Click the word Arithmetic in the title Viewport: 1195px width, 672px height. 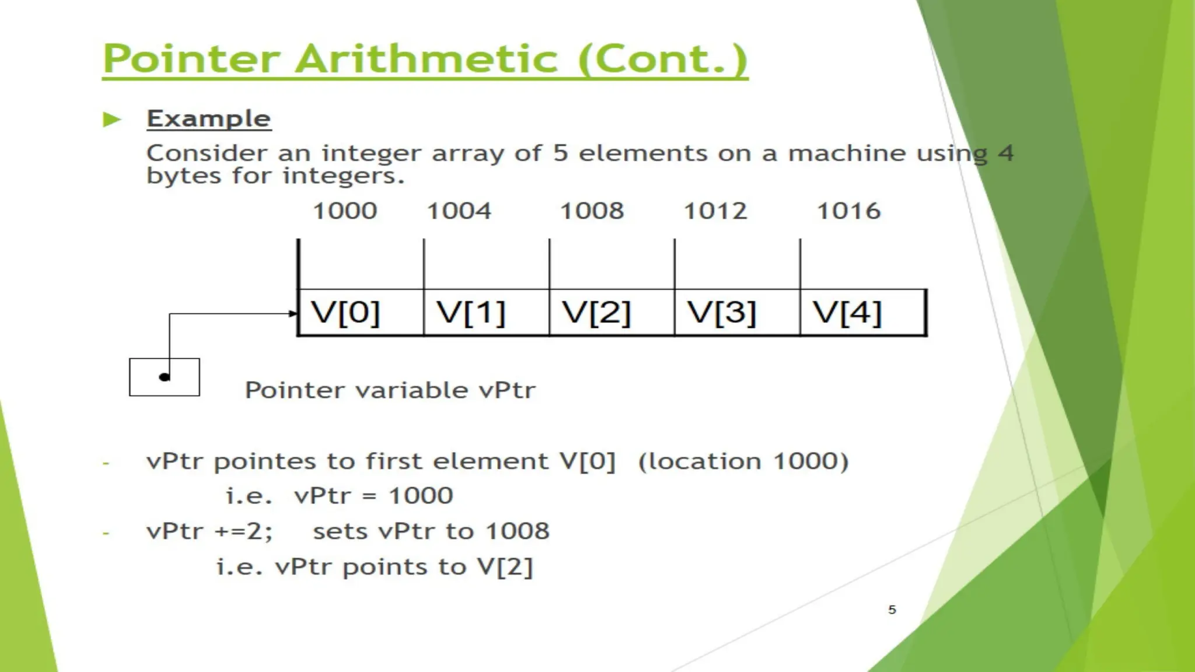[427, 59]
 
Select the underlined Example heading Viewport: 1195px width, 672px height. [209, 119]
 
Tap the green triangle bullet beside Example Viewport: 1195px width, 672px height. [111, 120]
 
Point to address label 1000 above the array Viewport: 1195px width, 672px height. [345, 211]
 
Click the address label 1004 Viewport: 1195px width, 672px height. [459, 211]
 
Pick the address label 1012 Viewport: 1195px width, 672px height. [715, 211]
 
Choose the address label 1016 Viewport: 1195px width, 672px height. [848, 211]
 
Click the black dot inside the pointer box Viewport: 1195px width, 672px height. [165, 377]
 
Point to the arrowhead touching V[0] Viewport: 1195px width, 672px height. [293, 314]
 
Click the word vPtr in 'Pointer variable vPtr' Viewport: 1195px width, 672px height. [506, 390]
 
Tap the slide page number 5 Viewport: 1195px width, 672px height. [892, 610]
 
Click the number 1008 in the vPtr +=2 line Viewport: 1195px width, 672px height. [518, 531]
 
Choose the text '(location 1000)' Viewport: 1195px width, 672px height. [743, 461]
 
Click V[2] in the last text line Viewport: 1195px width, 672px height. [505, 567]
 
